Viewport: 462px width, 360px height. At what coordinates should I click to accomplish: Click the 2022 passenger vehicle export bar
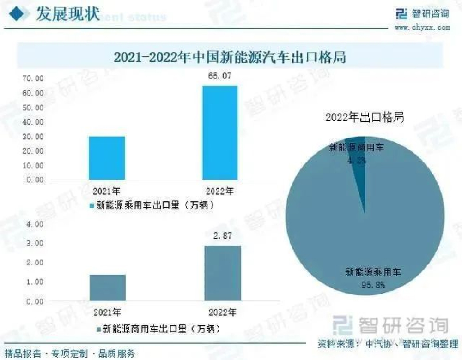(x=220, y=133)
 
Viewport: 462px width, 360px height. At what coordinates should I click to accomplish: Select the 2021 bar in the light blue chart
(x=107, y=158)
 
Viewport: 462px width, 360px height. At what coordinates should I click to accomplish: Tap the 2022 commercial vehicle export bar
(x=223, y=273)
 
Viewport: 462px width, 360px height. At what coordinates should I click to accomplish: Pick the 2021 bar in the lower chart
(x=108, y=288)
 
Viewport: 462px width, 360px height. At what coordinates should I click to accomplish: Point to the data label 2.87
(x=222, y=236)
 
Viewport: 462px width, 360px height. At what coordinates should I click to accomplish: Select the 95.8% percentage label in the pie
(x=373, y=284)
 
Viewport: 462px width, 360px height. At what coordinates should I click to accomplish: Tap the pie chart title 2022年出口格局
(x=365, y=117)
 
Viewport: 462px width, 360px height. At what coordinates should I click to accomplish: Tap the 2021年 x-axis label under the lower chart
(x=107, y=312)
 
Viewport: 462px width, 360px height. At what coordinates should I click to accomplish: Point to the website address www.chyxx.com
(x=422, y=27)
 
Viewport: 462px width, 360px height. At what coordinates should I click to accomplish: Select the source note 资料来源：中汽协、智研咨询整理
(x=388, y=344)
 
